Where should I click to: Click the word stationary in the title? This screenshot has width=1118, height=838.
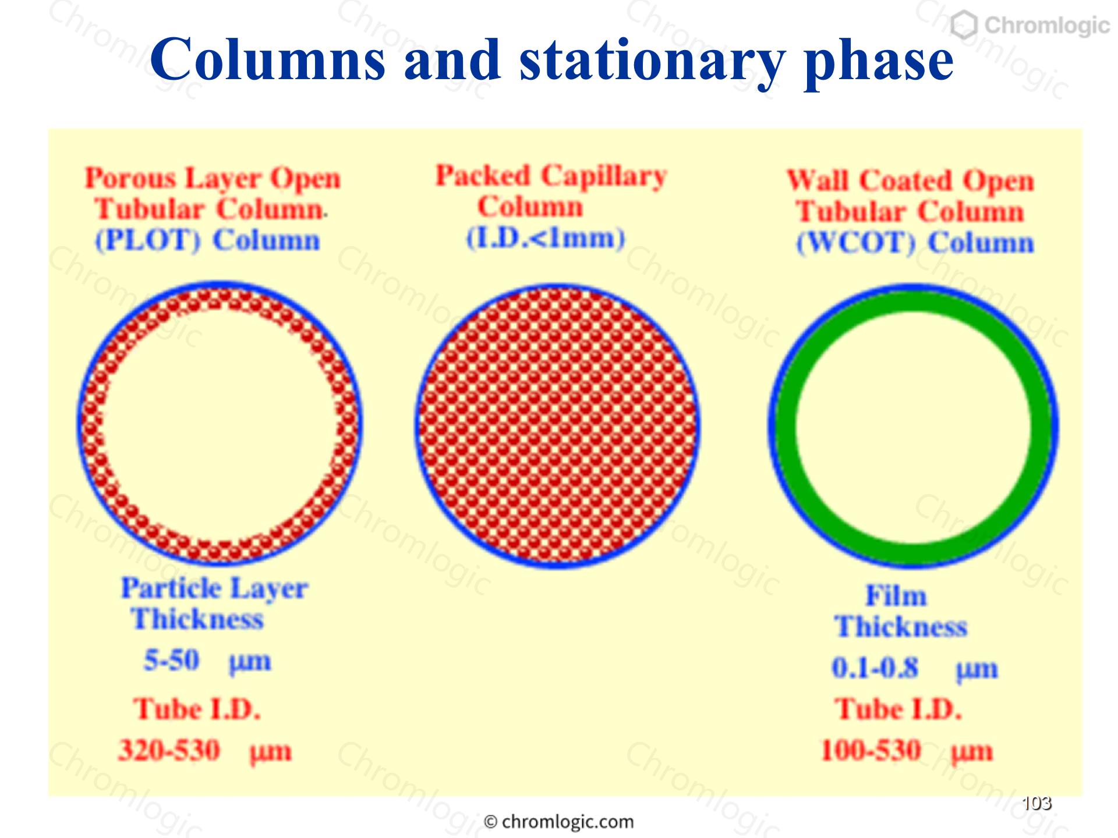[x=652, y=61]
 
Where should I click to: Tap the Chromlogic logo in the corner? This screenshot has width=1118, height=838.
[x=1029, y=25]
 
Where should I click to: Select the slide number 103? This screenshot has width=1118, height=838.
[x=1036, y=803]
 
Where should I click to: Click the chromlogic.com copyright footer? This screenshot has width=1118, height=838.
[x=559, y=822]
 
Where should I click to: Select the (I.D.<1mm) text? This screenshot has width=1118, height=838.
[x=546, y=237]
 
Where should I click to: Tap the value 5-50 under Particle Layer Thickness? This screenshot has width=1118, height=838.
[x=172, y=660]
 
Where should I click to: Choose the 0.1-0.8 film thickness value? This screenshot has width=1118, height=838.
[x=875, y=667]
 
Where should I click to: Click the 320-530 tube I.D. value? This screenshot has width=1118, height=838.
[x=169, y=750]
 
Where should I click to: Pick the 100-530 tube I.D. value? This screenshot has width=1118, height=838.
[x=871, y=750]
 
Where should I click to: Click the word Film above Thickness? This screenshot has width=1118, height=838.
[x=896, y=596]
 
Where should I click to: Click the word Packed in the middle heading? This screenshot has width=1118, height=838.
[x=483, y=175]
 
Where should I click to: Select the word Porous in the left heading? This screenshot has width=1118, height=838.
[x=130, y=177]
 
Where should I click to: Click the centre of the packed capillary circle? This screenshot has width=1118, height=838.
[x=557, y=425]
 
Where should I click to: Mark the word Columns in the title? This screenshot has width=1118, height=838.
[x=268, y=61]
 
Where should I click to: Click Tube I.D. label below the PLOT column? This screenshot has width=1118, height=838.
[x=197, y=709]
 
